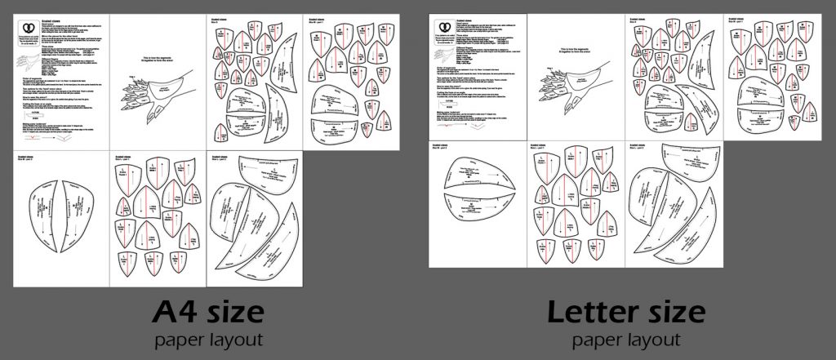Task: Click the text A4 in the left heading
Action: pos(176,313)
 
